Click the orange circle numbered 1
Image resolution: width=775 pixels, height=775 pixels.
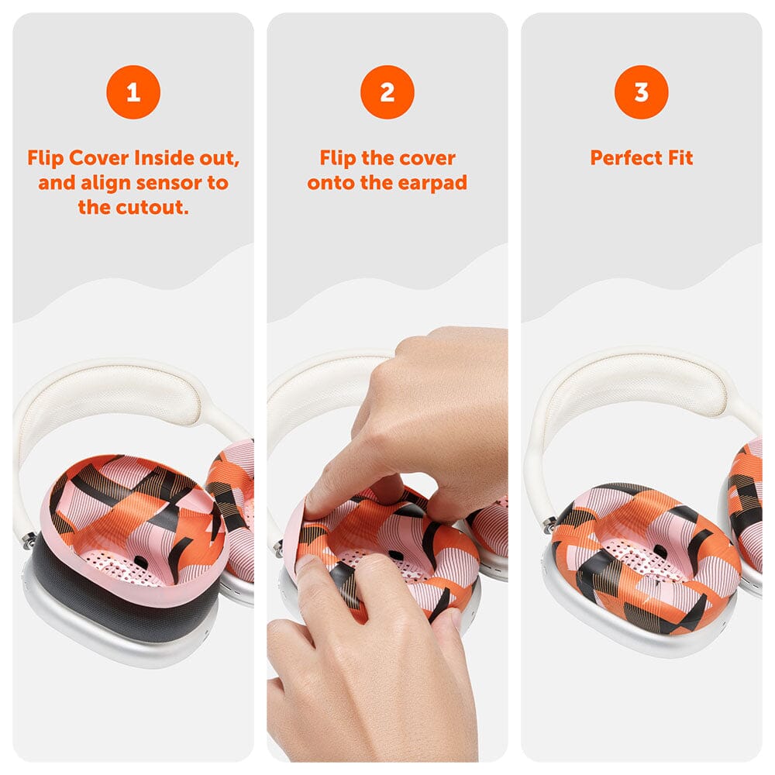133,92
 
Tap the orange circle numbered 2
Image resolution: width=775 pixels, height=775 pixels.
387,92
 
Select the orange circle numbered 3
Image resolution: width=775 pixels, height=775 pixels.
642,92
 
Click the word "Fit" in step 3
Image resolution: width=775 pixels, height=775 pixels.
680,158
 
